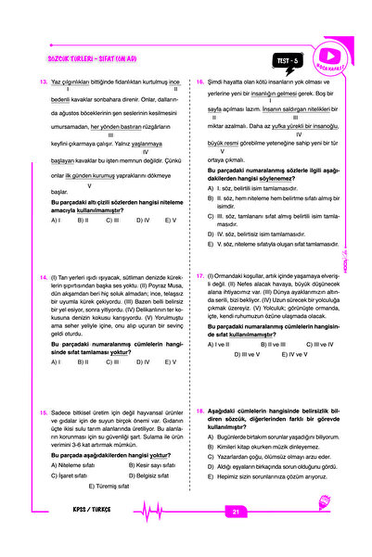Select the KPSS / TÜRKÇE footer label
tap(90, 511)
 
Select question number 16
tap(201, 82)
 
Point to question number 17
tap(201, 276)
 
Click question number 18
tap(201, 408)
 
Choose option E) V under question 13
tap(170, 221)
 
